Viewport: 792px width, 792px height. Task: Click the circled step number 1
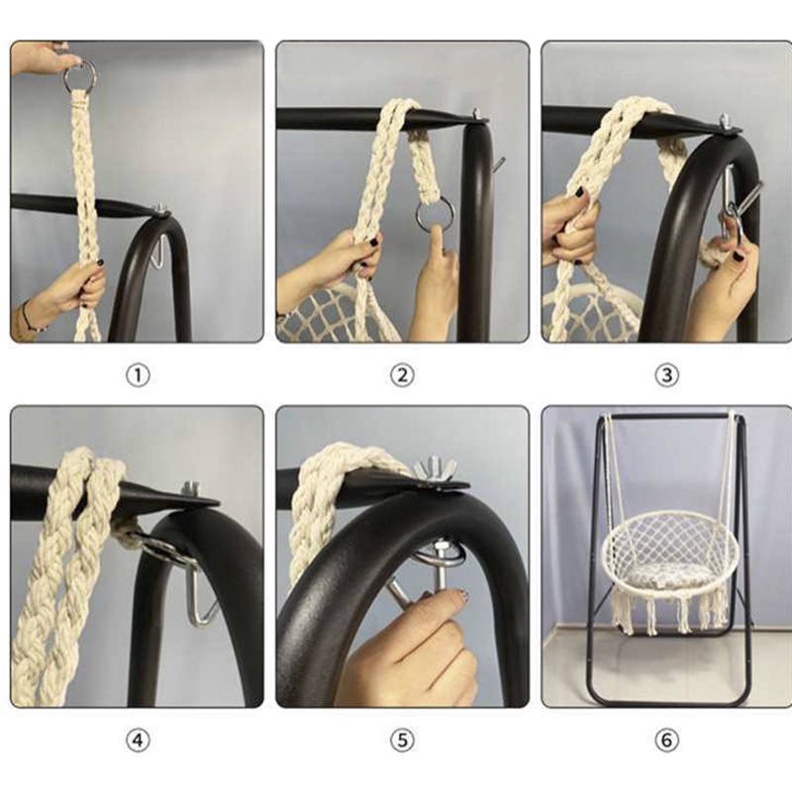[x=138, y=376]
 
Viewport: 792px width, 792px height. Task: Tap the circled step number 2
[x=402, y=375]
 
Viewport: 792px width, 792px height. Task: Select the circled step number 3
[x=666, y=375]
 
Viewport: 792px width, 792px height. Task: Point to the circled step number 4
[x=138, y=741]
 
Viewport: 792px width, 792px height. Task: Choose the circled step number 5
[x=402, y=741]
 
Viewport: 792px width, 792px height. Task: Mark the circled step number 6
[x=666, y=741]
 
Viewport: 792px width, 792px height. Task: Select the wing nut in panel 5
[x=435, y=468]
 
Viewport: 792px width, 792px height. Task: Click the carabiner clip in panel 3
[x=728, y=202]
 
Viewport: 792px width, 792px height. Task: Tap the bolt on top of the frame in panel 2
[x=477, y=115]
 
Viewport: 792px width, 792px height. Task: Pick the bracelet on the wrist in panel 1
[x=30, y=318]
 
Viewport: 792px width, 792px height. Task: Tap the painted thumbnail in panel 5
[x=460, y=597]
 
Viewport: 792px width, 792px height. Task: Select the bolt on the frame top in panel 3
[x=726, y=121]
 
